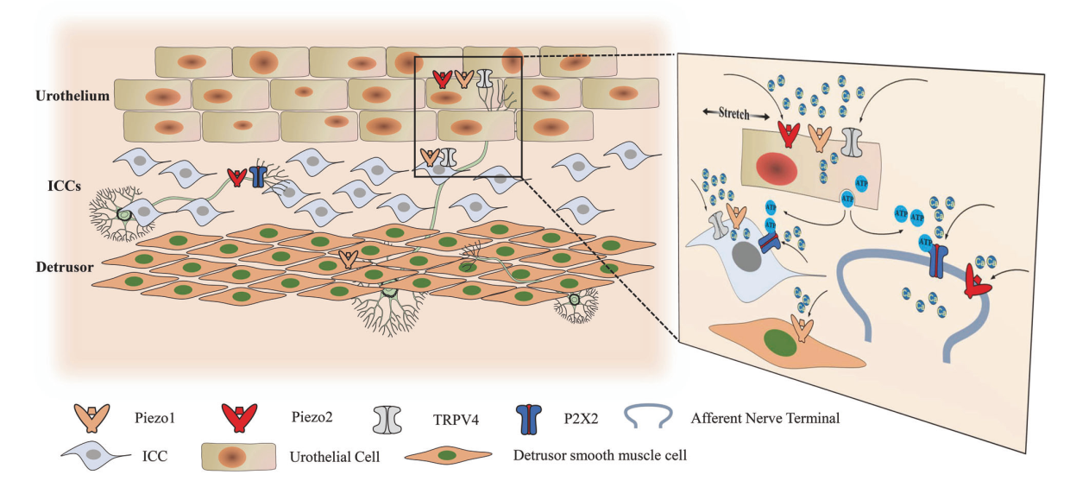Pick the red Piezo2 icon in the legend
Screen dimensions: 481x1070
234,419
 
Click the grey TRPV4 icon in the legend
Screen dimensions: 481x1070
387,419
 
